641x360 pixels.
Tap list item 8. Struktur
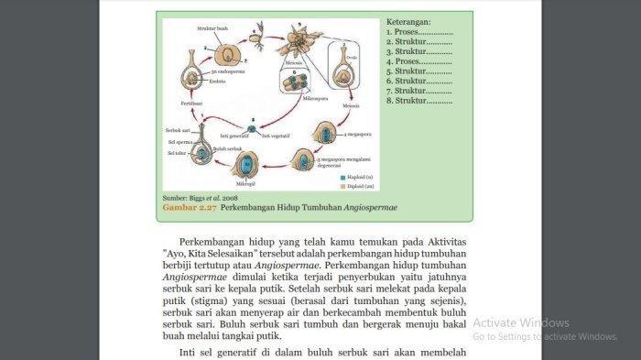418,101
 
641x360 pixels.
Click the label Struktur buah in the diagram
212,28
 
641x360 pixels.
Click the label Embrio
218,81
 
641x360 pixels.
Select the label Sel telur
176,153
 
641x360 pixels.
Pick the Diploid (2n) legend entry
356,185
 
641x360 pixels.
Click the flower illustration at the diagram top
297,41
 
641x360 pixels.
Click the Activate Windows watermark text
521,322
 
